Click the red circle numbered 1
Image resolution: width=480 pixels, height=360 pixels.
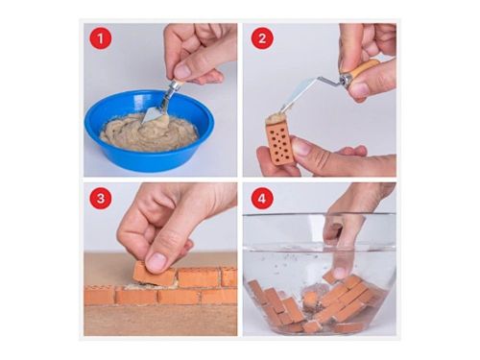(x=101, y=38)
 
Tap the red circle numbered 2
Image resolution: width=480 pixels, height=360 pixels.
(x=262, y=38)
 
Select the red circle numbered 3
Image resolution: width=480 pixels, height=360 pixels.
(x=101, y=198)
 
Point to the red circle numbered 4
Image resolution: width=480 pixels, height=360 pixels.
(x=262, y=198)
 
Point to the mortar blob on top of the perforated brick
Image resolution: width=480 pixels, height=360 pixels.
(x=276, y=118)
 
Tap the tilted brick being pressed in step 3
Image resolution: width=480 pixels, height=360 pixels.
(x=155, y=275)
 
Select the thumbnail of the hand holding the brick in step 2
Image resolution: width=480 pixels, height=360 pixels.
(x=301, y=148)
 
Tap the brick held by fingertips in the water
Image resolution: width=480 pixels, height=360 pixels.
(x=331, y=276)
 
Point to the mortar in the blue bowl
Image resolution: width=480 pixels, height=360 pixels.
(x=149, y=132)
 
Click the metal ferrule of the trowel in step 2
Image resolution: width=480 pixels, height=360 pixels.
(x=345, y=79)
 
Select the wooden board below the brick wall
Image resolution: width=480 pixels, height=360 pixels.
(x=160, y=320)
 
